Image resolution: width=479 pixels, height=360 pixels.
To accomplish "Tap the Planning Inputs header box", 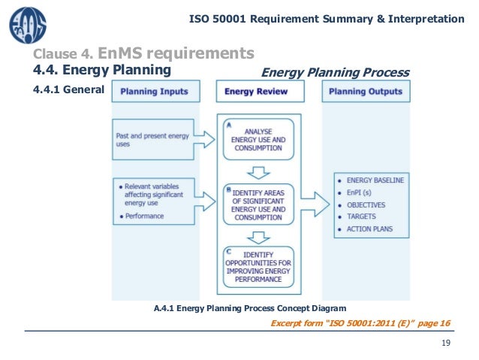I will (155, 92).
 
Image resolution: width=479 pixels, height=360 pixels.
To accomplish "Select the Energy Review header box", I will (261, 92).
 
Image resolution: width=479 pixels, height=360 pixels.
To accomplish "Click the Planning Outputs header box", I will (366, 92).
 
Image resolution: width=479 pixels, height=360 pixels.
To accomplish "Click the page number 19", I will (446, 343).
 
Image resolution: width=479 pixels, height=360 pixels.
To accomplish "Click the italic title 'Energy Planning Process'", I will (334, 72).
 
